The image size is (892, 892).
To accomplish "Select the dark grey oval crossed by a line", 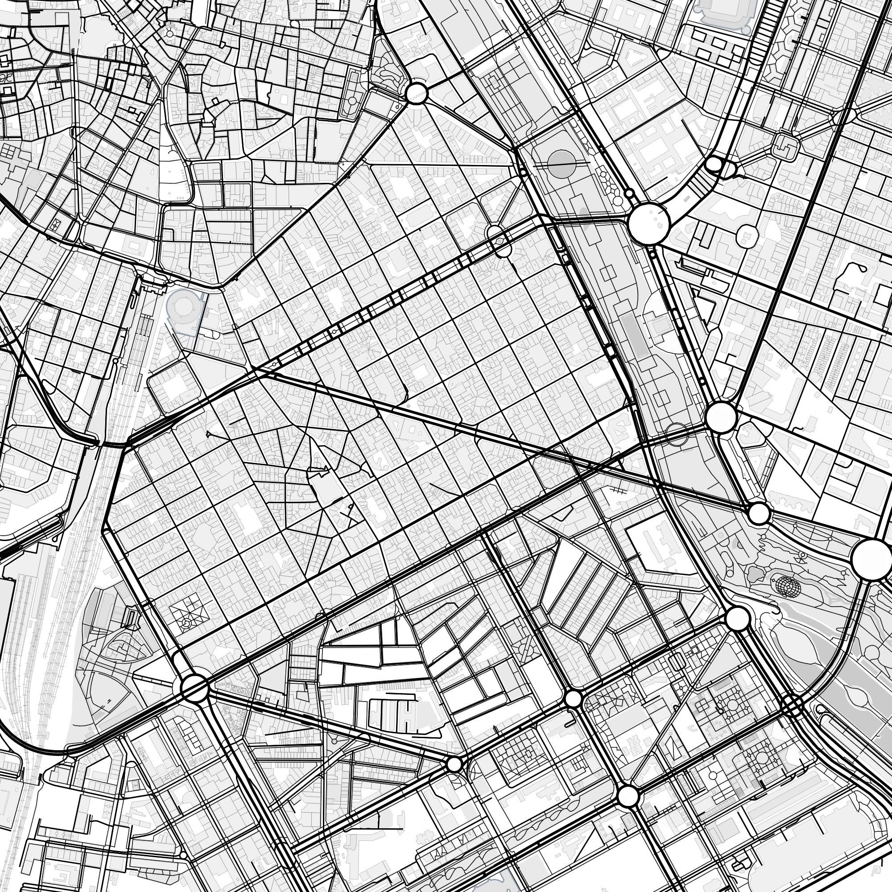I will (562, 164).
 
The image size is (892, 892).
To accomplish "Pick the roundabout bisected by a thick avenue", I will (194, 687).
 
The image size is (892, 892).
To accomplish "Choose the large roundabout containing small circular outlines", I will (648, 224).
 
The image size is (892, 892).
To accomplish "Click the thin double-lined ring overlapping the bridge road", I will (677, 434).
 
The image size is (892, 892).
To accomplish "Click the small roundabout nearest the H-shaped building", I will (454, 764).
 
